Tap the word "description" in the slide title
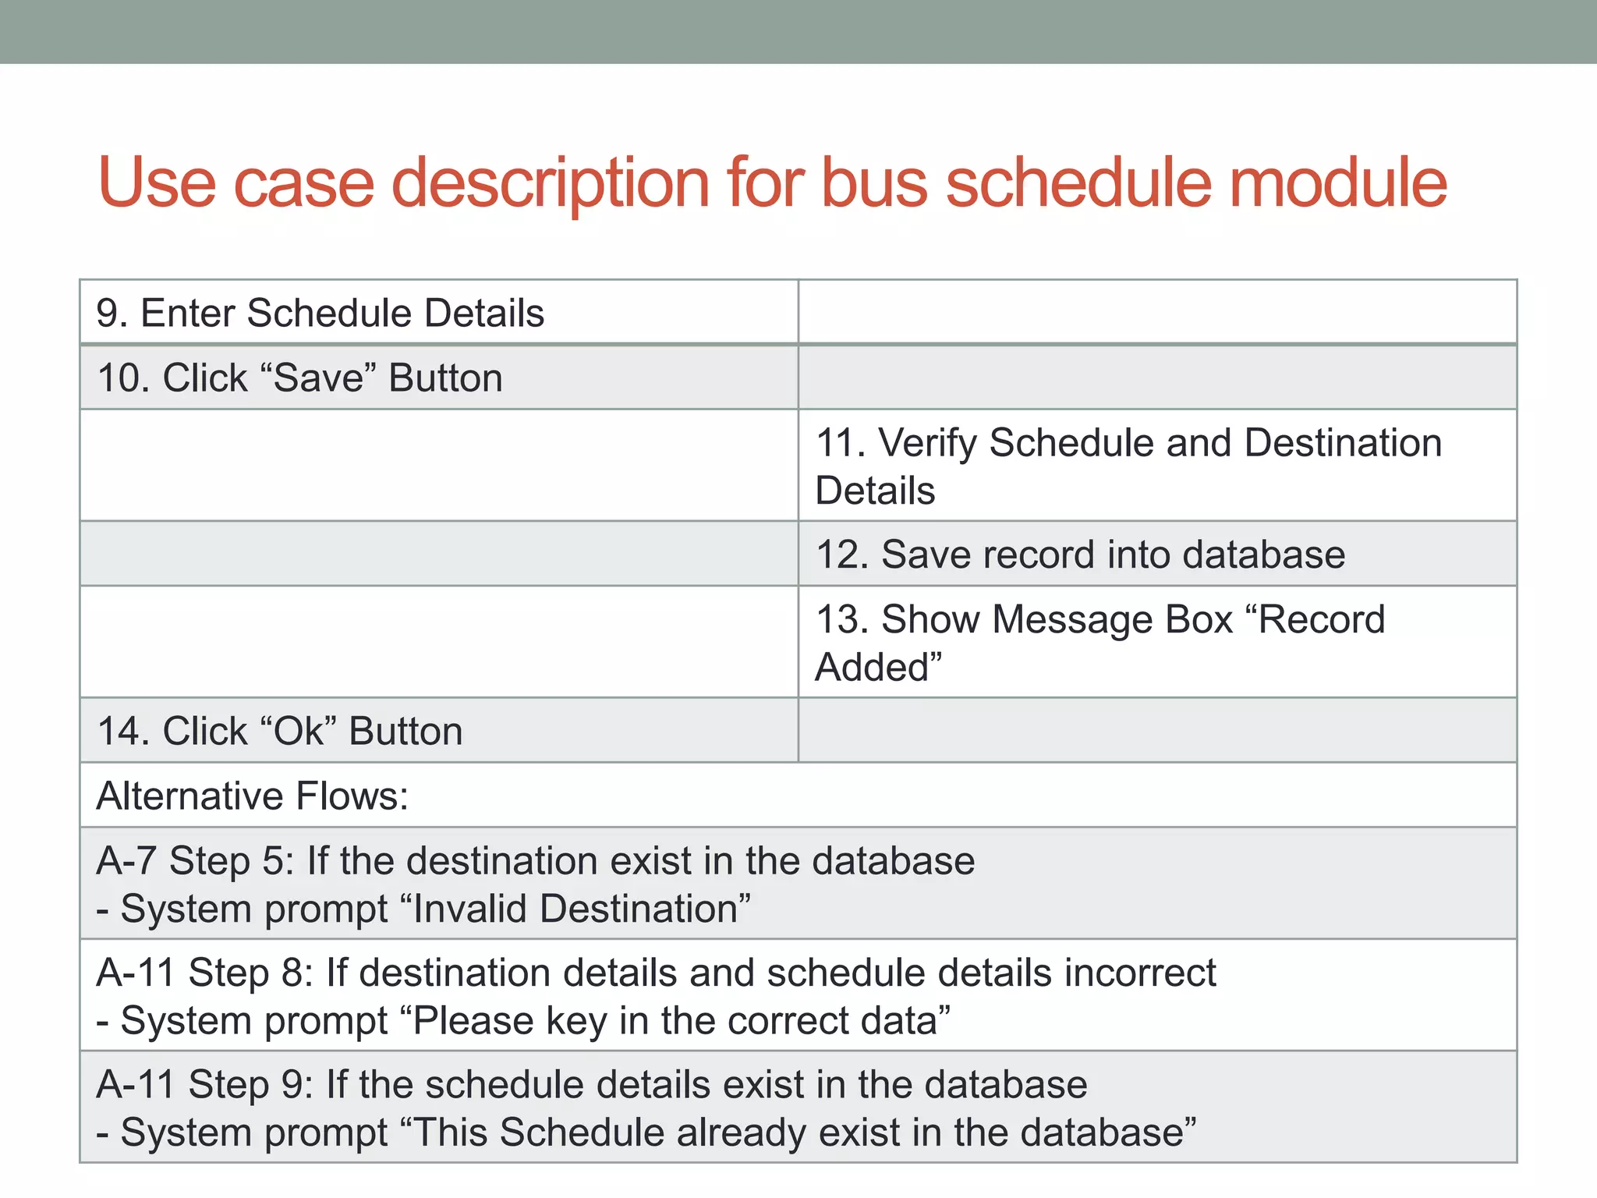[x=550, y=184]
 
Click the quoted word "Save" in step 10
[x=319, y=378]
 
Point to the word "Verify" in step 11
[x=927, y=443]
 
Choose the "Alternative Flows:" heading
[x=252, y=796]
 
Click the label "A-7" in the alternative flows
[x=126, y=861]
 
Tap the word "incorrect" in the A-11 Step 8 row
[x=1139, y=973]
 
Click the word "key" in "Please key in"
[x=575, y=1022]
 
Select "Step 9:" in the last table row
[x=250, y=1085]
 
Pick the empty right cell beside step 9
[x=1157, y=312]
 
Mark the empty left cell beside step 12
[x=438, y=554]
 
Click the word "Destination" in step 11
[x=1342, y=443]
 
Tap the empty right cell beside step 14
[x=1157, y=731]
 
